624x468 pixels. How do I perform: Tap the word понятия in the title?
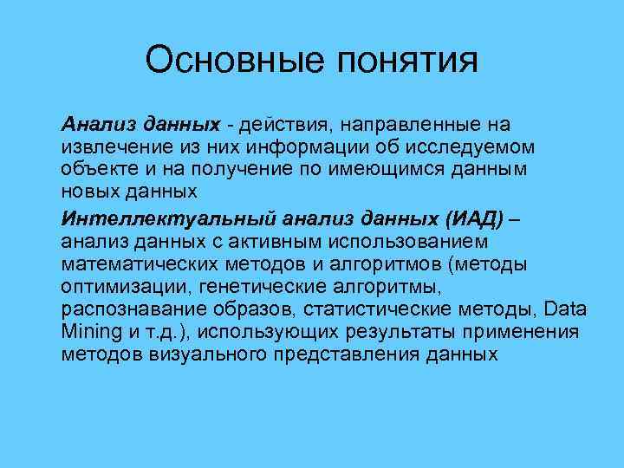[404, 62]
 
